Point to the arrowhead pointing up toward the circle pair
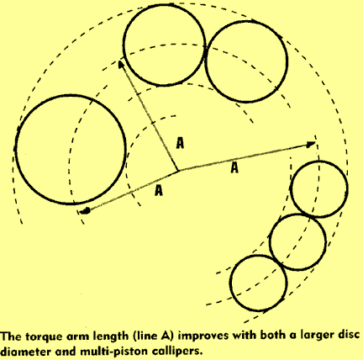click(121, 65)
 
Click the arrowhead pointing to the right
click(310, 145)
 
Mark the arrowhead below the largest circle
click(85, 211)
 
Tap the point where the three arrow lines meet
click(178, 170)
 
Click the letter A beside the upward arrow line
click(180, 143)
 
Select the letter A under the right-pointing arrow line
click(234, 168)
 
